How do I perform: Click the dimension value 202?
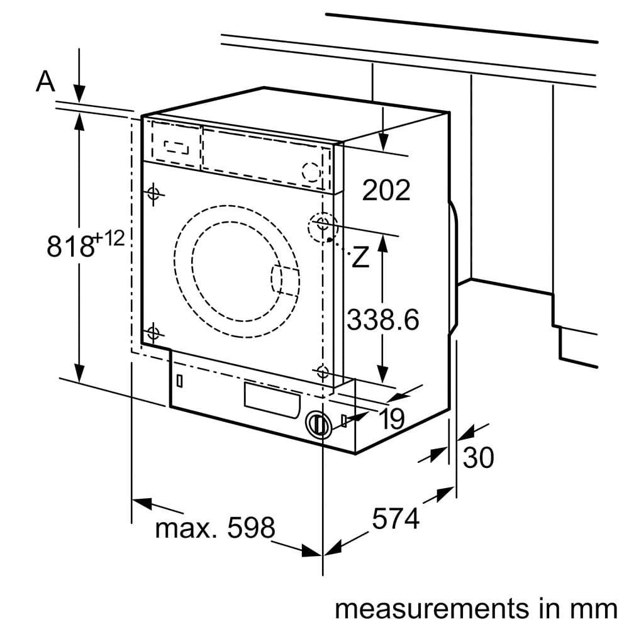(386, 190)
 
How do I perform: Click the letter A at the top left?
(45, 81)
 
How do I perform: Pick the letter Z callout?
(360, 257)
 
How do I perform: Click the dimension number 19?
(392, 420)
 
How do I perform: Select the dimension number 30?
(478, 458)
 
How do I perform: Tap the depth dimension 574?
(396, 519)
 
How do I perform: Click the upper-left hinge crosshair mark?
(153, 194)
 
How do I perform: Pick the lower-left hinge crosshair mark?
(153, 333)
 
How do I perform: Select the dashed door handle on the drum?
(284, 280)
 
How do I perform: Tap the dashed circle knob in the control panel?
(311, 171)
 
